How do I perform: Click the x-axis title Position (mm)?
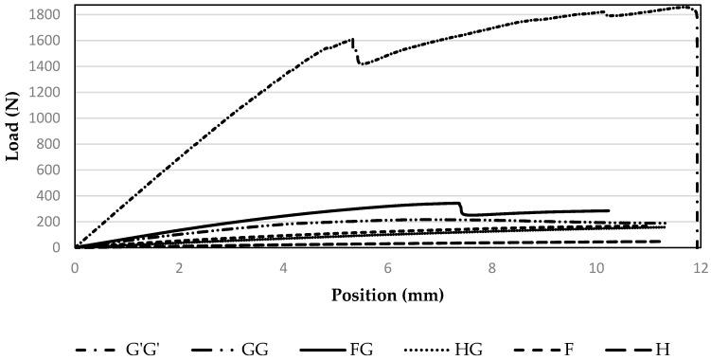pos(387,295)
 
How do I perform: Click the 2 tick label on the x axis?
pos(179,268)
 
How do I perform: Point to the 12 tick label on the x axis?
pos(700,268)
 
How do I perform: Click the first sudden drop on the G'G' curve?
pos(355,52)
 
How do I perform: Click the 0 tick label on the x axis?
pos(75,268)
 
